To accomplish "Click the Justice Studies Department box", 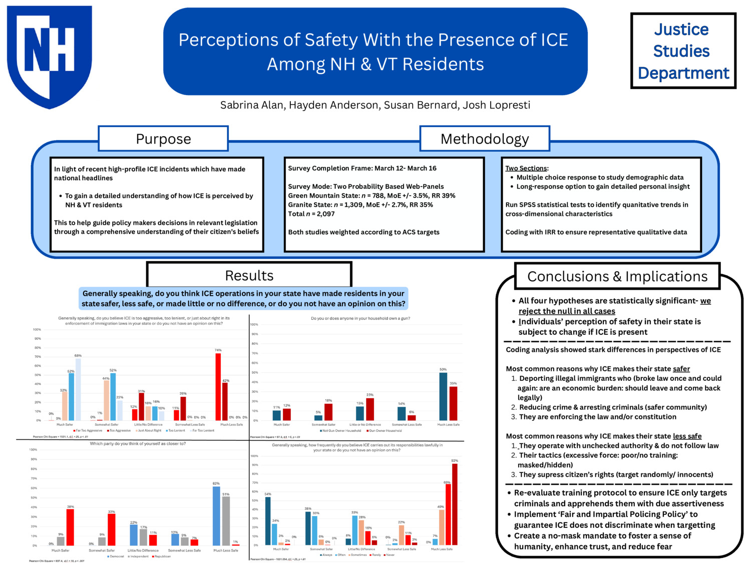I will tap(683, 51).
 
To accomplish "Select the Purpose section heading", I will tap(163, 139).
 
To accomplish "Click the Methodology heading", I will tap(484, 139).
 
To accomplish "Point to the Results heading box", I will tap(249, 275).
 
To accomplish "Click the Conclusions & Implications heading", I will tap(617, 276).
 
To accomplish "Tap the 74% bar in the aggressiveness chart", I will tap(218, 386).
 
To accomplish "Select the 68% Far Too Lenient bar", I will tap(78, 389).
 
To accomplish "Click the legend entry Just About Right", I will tap(149, 430).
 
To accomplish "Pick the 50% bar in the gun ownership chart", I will tap(443, 396).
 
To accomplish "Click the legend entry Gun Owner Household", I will tap(385, 430).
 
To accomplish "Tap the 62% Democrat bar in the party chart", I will tap(216, 515).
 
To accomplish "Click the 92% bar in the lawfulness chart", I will tap(455, 504).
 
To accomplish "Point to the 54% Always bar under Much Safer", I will tap(268, 520).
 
